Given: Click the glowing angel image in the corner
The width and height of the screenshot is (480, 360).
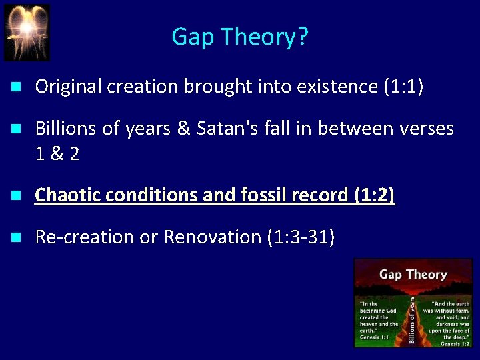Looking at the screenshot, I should coord(27,32).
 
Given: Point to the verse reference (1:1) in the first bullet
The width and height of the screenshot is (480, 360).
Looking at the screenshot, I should coord(403,87).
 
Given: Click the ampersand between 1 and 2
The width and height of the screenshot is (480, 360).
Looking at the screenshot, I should coord(57,154).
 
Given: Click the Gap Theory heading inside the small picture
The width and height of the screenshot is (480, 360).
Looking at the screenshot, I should coord(413,274).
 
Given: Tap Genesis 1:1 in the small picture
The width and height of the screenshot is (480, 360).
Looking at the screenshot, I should coord(375,337).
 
